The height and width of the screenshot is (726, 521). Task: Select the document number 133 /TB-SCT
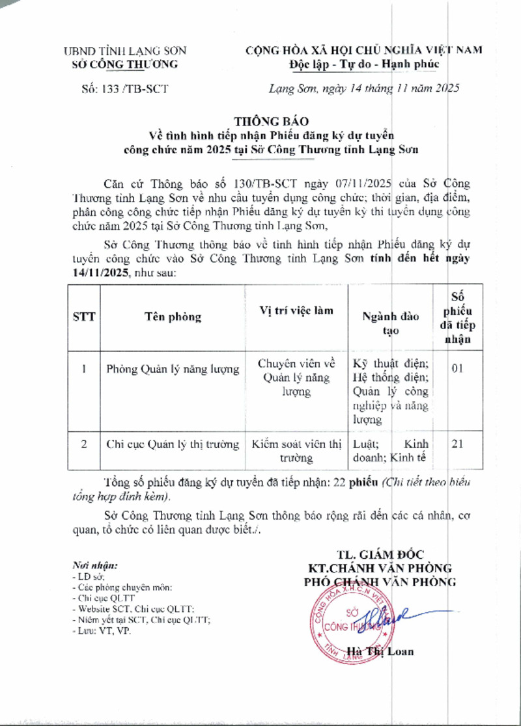pos(122,89)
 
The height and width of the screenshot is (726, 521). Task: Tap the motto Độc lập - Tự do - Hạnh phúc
pos(364,64)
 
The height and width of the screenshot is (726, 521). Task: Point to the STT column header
pos(84,317)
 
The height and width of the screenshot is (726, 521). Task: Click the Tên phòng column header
pos(173,317)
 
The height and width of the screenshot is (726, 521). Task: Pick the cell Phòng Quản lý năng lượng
pos(173,370)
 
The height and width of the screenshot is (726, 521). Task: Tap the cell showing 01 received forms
pos(457,368)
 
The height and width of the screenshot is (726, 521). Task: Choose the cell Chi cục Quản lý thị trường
pos(173,445)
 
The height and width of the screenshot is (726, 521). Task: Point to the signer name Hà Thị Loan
pos(380,651)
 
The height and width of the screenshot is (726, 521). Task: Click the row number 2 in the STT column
pos(84,445)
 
